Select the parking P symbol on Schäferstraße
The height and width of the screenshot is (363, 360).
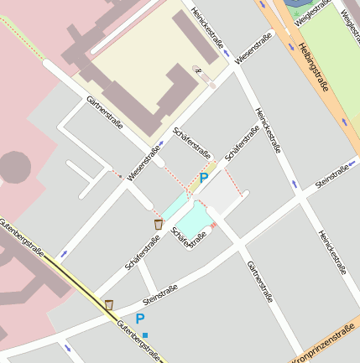204,178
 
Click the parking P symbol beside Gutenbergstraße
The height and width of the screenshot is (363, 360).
140,319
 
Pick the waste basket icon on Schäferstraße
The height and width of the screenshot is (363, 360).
159,224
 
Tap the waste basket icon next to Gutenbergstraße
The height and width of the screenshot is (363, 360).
108,303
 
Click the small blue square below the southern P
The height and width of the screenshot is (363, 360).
145,335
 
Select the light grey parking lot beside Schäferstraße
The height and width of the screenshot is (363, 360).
219,195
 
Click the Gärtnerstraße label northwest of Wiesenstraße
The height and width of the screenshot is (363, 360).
105,112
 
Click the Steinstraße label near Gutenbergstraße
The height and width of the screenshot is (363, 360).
159,294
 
